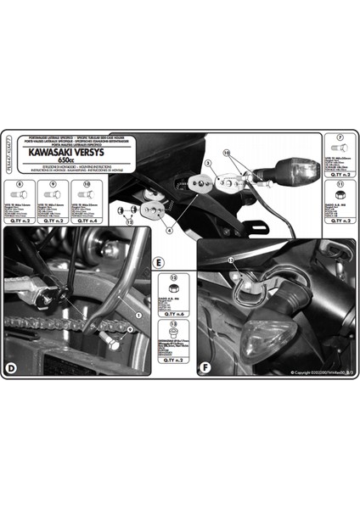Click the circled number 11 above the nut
coord(339,182)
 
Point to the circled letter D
coord(12,367)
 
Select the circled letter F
coord(204,367)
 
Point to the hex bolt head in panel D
coord(110,344)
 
